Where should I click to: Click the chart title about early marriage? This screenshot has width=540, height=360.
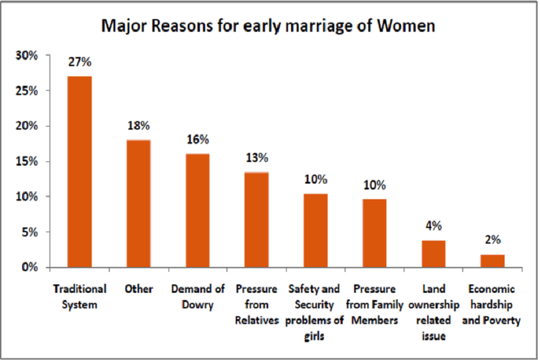click(x=269, y=27)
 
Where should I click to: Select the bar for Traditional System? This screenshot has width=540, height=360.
click(x=79, y=171)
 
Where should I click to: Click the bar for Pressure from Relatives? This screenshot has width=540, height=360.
click(x=256, y=219)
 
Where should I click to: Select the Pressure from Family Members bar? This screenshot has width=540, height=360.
click(x=375, y=232)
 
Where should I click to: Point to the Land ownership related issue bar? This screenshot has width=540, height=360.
click(x=433, y=253)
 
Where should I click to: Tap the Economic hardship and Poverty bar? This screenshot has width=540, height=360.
click(x=492, y=260)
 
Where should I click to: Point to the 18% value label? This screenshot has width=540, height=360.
click(x=139, y=126)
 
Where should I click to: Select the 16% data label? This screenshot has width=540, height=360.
click(x=198, y=140)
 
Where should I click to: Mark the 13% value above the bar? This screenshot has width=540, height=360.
click(x=256, y=158)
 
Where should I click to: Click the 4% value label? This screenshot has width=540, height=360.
click(x=433, y=226)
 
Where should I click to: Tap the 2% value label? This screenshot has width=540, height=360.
click(x=492, y=240)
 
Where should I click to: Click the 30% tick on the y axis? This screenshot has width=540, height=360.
click(x=32, y=55)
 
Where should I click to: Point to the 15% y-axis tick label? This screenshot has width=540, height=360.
click(x=32, y=161)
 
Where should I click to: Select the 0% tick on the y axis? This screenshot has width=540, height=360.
click(x=35, y=267)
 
